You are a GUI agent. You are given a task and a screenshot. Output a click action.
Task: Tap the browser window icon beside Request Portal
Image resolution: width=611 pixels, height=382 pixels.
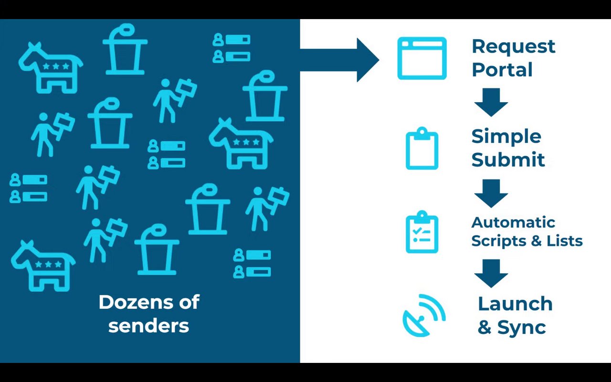point(422,58)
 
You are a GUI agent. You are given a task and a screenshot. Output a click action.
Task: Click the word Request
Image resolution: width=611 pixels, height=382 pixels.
point(513,46)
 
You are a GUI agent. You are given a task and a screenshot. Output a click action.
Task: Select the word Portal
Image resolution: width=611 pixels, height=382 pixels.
point(502,70)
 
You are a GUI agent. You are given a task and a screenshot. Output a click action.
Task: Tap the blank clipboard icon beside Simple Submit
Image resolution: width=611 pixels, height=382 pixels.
point(422,149)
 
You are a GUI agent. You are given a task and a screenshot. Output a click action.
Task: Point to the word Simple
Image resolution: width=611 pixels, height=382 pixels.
point(506,137)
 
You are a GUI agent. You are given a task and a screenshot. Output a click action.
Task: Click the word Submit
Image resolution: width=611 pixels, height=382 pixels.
point(508,159)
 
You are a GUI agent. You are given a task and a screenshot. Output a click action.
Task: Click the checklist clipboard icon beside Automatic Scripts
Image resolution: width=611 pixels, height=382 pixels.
point(422,232)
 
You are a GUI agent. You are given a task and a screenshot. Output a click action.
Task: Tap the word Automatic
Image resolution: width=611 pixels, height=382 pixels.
point(513,223)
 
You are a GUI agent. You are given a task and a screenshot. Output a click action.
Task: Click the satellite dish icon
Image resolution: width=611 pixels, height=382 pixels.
point(423,316)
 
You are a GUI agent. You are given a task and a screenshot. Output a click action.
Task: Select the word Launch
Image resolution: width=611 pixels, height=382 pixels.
point(515,304)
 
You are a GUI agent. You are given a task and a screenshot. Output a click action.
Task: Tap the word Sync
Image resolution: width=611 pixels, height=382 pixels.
point(522,327)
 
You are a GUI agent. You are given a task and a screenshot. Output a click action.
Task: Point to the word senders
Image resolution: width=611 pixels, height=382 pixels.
point(148,326)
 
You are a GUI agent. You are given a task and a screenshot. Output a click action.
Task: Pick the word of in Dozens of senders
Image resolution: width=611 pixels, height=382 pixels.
point(188,302)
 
